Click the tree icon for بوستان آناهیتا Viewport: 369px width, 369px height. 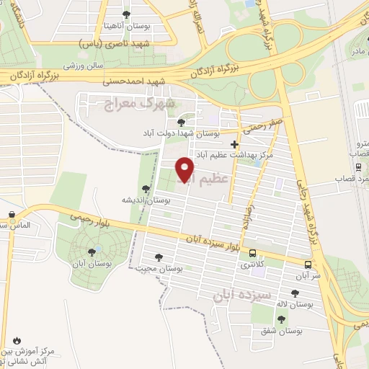(x=126, y=14)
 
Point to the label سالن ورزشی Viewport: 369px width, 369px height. (x=82, y=66)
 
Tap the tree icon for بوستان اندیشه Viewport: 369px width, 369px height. (x=146, y=190)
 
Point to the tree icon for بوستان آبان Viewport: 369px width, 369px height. (x=92, y=252)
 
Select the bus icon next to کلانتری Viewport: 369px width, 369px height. (x=252, y=254)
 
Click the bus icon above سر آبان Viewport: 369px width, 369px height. (x=308, y=264)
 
